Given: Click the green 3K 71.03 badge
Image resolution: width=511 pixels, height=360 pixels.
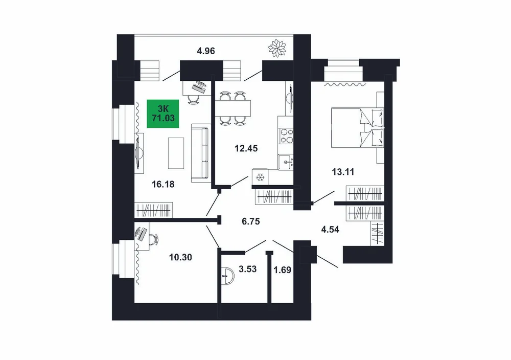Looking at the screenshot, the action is [x=163, y=114].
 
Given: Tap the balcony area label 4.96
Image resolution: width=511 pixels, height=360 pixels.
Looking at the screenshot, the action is [x=206, y=51].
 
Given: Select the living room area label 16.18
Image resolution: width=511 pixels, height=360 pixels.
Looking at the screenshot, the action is [x=163, y=184].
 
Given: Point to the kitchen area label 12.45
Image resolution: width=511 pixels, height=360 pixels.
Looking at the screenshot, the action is [x=246, y=148].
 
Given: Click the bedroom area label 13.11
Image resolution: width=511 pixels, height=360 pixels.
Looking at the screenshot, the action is [x=343, y=171].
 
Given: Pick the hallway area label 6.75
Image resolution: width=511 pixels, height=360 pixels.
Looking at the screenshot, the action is [x=251, y=221].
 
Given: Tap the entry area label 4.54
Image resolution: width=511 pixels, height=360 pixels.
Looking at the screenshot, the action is [x=330, y=229].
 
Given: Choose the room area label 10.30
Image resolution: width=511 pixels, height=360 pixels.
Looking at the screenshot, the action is [x=180, y=257].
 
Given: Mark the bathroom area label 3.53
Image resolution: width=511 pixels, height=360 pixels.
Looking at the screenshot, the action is [x=248, y=269].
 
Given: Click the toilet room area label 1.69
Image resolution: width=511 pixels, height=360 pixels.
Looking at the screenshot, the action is [x=282, y=270].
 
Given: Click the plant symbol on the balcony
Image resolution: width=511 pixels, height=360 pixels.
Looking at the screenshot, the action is [x=277, y=48].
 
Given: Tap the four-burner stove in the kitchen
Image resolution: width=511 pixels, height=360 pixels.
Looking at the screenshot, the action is [x=286, y=136].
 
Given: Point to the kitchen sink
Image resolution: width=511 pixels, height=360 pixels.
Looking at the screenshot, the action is [x=286, y=162].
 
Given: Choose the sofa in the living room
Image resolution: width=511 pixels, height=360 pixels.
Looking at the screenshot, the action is [x=200, y=153].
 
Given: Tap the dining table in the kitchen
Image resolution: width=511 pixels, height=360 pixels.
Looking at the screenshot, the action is [x=233, y=108].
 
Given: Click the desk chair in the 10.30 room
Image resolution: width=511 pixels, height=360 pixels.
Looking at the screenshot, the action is [x=153, y=239].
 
